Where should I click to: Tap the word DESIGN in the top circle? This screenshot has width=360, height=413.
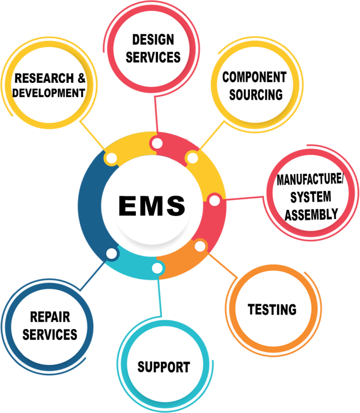[153, 39]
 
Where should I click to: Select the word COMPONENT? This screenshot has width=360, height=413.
[254, 77]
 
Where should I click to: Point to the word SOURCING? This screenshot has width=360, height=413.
[256, 95]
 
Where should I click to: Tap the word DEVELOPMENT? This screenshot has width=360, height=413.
[49, 93]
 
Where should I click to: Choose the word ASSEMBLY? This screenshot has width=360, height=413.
[311, 214]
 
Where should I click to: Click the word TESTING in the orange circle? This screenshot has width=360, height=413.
[272, 310]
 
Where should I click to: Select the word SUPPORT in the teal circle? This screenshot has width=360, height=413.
[164, 367]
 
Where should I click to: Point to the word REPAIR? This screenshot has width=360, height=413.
[50, 317]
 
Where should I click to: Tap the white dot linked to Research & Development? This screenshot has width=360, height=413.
[112, 158]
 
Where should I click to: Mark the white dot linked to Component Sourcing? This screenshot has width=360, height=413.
[192, 158]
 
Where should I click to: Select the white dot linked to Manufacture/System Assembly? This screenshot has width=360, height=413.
[214, 200]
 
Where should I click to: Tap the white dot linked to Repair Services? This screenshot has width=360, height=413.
[112, 253]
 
